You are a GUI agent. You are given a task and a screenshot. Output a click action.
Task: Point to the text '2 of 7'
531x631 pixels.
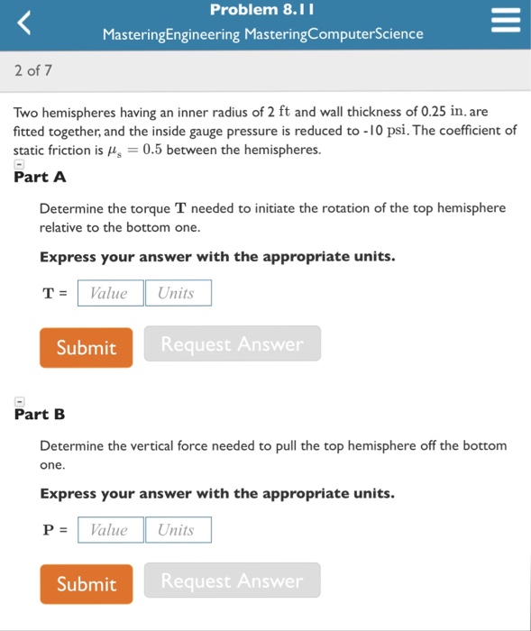tap(33, 69)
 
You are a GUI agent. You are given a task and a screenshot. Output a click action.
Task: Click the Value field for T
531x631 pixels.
tap(110, 293)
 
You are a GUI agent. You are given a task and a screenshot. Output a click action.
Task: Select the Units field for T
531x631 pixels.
tap(178, 293)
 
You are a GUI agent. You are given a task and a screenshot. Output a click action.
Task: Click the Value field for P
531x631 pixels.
tap(110, 530)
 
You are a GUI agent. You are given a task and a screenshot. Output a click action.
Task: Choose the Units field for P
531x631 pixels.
tap(178, 530)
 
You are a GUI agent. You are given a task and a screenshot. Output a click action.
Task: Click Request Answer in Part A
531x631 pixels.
tap(232, 343)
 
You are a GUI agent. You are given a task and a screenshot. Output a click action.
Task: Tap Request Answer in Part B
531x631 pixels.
tap(232, 581)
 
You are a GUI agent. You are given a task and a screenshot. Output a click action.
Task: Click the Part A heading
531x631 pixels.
tap(41, 177)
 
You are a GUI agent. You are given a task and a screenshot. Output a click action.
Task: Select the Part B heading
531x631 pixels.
tap(41, 415)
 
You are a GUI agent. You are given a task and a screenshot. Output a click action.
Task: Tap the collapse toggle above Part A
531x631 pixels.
tap(20, 165)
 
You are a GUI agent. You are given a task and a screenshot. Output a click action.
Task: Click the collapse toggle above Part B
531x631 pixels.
tap(20, 402)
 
